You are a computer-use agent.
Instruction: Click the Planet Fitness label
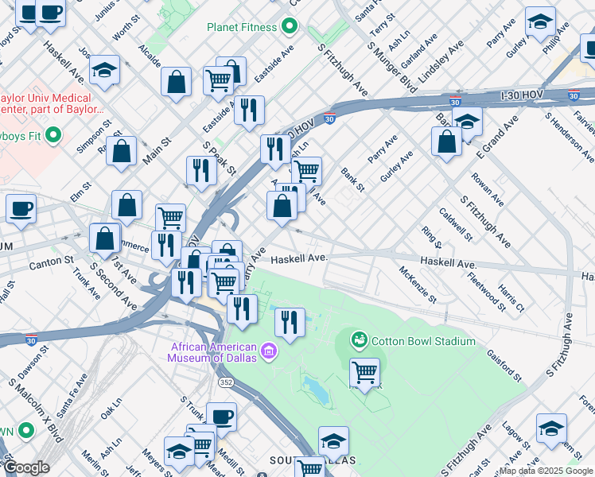242,27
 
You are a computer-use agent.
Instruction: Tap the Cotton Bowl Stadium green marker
360,341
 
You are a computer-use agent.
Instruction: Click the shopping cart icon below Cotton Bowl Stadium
364,372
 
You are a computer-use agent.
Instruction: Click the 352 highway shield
227,382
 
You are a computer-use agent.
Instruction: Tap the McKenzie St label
418,285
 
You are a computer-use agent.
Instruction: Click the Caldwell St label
456,224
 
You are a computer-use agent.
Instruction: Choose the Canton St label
51,261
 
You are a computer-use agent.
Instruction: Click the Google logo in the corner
26,467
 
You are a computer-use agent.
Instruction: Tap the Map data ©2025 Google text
546,471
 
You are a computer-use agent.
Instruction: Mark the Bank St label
352,180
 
